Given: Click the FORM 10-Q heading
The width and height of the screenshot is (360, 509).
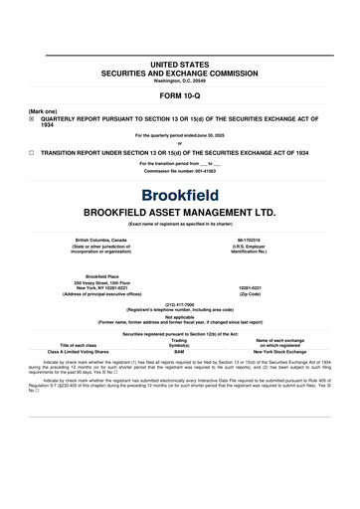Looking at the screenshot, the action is [x=179, y=96].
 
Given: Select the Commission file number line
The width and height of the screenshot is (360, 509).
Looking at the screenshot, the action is [x=179, y=172].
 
